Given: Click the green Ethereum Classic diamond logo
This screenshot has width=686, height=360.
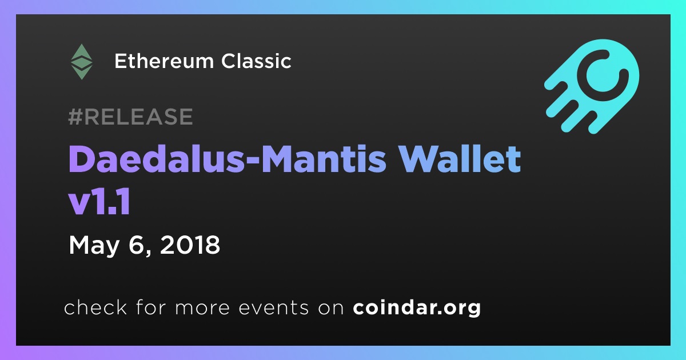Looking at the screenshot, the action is tap(81, 62).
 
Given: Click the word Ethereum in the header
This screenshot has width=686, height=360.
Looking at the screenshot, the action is tap(164, 61).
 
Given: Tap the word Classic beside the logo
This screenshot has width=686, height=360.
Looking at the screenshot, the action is tap(256, 61).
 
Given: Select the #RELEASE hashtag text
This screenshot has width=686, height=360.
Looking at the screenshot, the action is tap(130, 117).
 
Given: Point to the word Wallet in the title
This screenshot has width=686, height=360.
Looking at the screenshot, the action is tap(461, 159).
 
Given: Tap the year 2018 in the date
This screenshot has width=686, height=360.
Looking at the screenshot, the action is tap(190, 245).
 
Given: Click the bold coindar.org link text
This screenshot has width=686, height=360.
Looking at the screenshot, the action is tap(417, 308).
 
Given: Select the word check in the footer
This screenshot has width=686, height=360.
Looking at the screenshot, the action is tap(95, 307).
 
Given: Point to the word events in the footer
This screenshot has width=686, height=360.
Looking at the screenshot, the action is tap(274, 307).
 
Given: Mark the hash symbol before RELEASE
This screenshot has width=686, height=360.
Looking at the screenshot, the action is tap(75, 117).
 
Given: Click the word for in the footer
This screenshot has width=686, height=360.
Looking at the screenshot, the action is tap(151, 307).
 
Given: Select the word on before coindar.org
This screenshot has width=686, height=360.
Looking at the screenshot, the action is tap(331, 309).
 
